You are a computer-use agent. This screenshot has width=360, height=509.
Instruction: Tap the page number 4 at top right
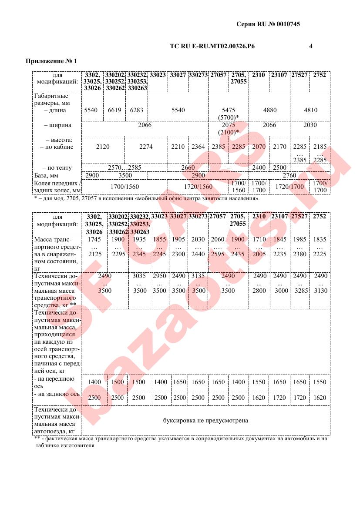(x=310, y=46)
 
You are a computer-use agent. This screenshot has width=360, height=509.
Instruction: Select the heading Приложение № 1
(x=51, y=61)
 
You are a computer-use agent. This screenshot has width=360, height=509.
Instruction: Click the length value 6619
(x=114, y=110)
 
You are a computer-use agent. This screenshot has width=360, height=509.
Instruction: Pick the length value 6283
(x=136, y=110)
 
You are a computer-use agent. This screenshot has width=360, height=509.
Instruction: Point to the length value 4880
(x=270, y=110)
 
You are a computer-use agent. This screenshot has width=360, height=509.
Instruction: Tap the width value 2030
(x=310, y=125)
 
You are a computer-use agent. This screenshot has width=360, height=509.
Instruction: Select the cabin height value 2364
(x=198, y=147)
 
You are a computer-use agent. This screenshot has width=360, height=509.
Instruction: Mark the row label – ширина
(x=58, y=125)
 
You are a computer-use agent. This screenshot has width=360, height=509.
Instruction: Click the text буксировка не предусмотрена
(x=205, y=421)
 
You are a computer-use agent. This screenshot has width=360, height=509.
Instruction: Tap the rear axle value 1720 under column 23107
(x=279, y=398)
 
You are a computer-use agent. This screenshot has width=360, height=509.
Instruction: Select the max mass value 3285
(x=300, y=291)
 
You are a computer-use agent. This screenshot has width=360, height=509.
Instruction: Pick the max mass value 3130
(x=320, y=291)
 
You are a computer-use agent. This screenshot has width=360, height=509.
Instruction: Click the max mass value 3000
(x=279, y=291)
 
